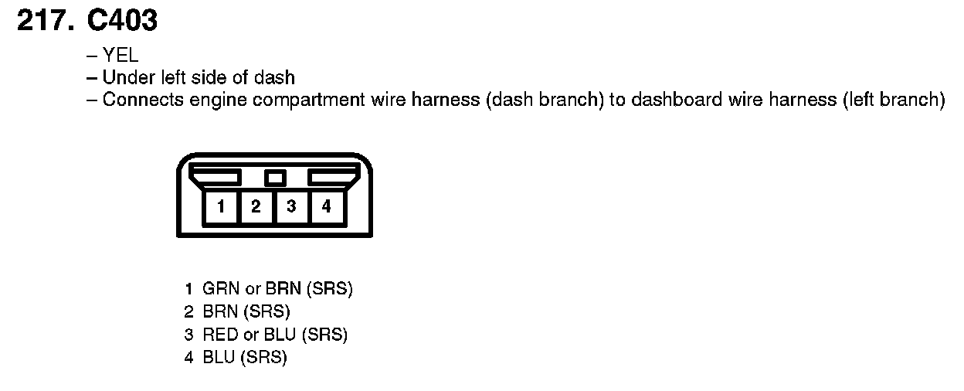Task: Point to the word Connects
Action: click(135, 100)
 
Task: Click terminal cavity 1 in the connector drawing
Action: click(222, 206)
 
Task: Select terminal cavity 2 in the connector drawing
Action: click(256, 206)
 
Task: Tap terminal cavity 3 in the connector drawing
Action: click(291, 206)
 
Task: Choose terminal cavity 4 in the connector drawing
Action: click(327, 206)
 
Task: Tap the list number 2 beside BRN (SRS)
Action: click(188, 313)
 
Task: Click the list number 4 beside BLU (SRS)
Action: click(188, 359)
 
